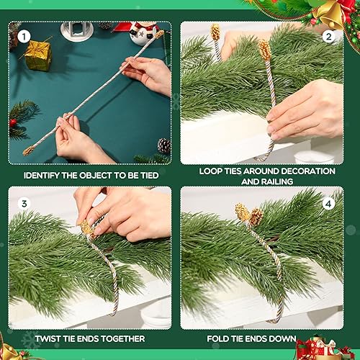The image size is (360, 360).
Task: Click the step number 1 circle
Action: (23, 35)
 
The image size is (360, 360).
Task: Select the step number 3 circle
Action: (23, 204)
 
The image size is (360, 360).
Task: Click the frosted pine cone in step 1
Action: (163, 145)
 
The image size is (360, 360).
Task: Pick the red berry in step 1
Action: (13, 122)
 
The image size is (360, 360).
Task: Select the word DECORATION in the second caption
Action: (303, 171)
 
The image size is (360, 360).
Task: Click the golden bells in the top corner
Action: (327, 12)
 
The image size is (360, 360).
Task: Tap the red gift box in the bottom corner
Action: (320, 350)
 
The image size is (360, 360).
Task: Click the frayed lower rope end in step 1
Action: (30, 150)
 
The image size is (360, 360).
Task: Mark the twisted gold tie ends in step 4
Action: (249, 215)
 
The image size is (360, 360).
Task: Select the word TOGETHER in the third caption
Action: (119, 338)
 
